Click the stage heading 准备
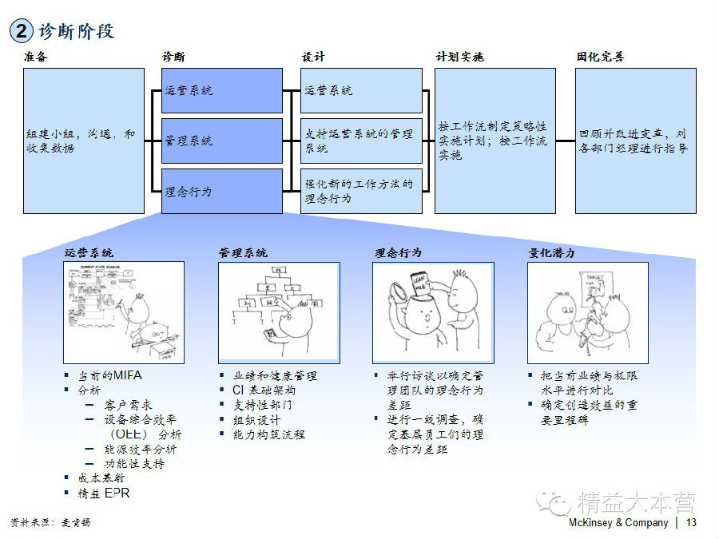coord(35,57)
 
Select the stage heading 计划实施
coord(459,57)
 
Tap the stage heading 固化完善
coord(600,57)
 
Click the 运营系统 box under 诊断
coord(222,90)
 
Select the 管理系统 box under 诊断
coord(222,141)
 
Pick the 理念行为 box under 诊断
coord(222,191)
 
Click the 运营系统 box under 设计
coord(362,90)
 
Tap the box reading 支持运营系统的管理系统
coord(362,141)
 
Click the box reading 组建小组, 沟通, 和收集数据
coord(84,141)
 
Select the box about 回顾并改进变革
coord(636,141)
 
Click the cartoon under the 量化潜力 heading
coord(587,312)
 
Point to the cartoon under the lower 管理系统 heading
coord(278,312)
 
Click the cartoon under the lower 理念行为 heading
coord(433,312)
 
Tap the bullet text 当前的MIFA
coord(109,375)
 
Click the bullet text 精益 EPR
coord(103,493)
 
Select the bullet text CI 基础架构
coord(264,390)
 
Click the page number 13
coord(691,522)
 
